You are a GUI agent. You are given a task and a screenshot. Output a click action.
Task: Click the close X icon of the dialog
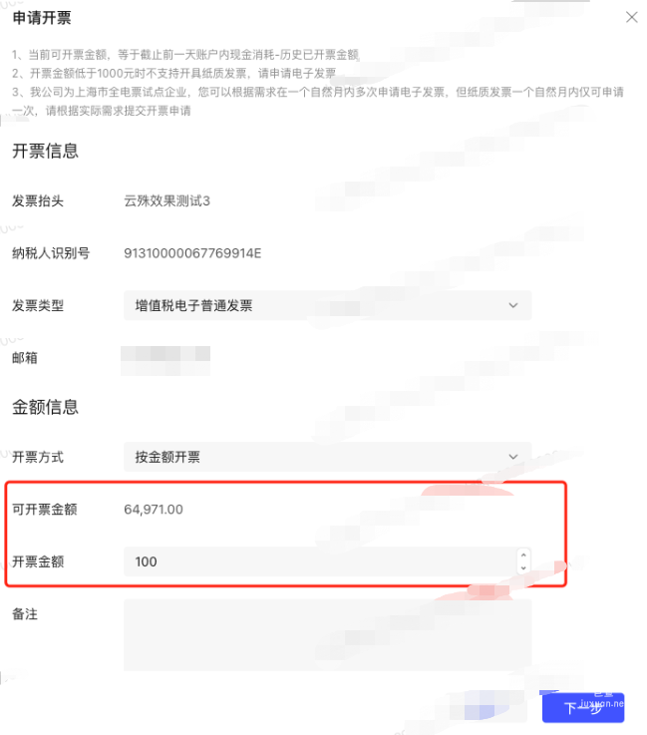coord(630,17)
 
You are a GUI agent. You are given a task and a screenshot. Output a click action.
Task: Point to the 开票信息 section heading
coord(45,152)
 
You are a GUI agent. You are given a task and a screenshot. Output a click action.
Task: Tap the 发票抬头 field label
coord(38,201)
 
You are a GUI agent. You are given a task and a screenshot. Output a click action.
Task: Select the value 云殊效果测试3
coord(166,201)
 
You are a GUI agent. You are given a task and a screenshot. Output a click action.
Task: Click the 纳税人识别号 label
coord(51,253)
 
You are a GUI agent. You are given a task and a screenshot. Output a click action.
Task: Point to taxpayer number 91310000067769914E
coord(192,253)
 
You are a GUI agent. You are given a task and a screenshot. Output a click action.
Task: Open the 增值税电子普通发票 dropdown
coord(319,305)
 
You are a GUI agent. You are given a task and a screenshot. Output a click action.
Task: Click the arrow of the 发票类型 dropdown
coord(513,305)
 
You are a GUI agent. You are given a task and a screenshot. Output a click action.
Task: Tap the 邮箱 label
coord(25,357)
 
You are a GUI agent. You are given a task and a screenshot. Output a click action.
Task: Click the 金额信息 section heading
coord(45,407)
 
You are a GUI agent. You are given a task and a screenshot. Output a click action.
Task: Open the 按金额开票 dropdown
coord(319,457)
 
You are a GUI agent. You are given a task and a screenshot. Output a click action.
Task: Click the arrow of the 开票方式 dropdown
coord(513,457)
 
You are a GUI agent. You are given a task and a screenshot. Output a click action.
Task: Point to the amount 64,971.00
coord(154,510)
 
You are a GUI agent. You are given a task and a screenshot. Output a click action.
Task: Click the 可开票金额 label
coord(45,510)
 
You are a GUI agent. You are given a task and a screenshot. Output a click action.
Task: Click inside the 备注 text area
coord(327,634)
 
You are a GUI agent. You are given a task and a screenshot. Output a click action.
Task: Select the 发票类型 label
coord(38,305)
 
